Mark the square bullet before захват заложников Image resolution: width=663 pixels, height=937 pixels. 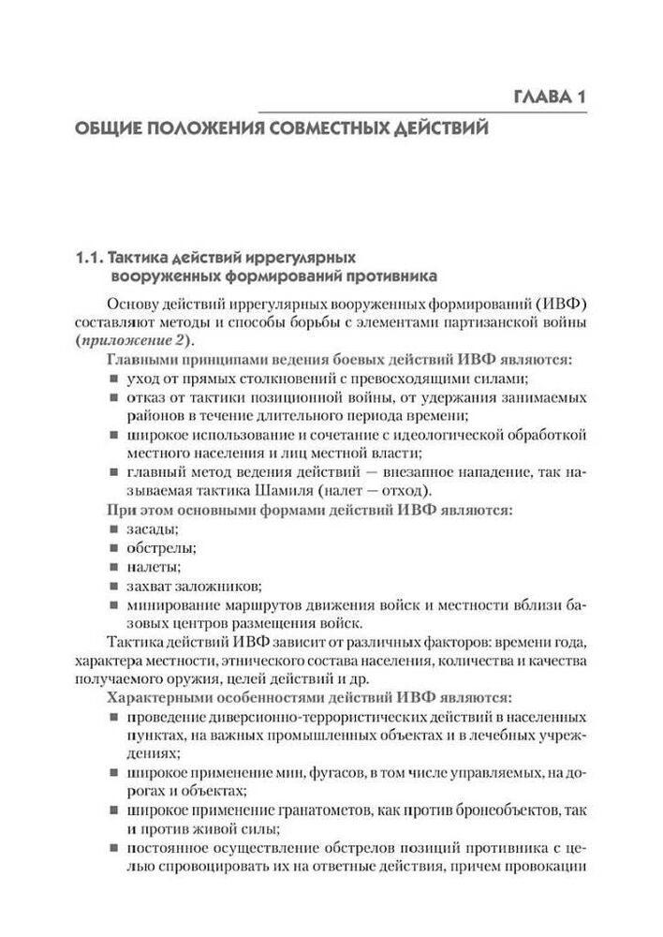coord(112,587)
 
